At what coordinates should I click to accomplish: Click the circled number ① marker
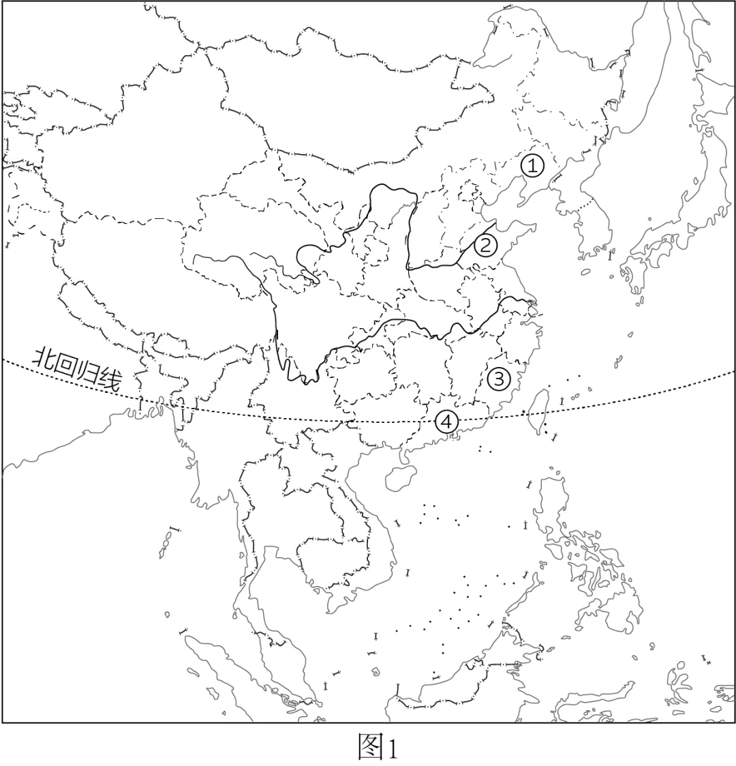tap(533, 165)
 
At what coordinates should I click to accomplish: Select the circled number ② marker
tap(485, 244)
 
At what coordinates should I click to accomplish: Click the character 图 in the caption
tap(371, 747)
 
